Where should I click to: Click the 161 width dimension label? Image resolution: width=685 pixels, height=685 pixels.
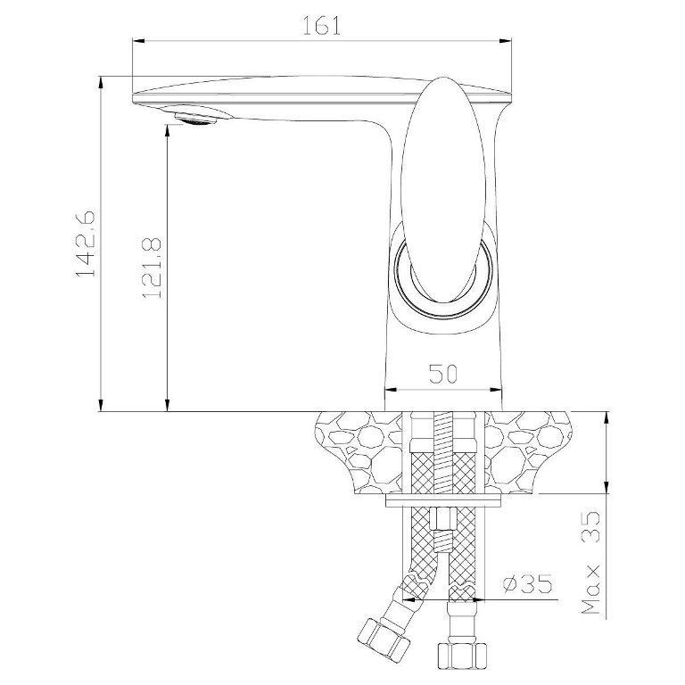click(x=321, y=26)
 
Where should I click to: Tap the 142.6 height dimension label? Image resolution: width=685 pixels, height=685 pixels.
click(x=86, y=243)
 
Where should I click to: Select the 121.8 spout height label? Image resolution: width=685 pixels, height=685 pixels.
click(x=152, y=268)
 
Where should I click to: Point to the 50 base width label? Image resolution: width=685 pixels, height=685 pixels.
click(x=443, y=374)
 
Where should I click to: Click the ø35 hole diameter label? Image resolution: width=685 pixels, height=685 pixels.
click(x=527, y=583)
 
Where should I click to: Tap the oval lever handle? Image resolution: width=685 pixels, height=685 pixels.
click(x=443, y=191)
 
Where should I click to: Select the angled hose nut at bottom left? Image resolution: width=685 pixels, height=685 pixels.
click(x=384, y=637)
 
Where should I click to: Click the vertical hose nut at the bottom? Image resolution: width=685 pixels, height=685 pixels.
click(x=462, y=655)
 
